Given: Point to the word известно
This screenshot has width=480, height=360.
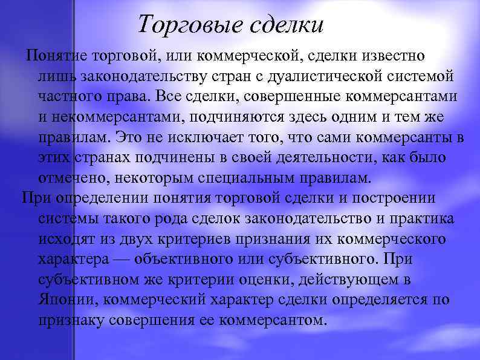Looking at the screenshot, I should coord(394,56).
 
